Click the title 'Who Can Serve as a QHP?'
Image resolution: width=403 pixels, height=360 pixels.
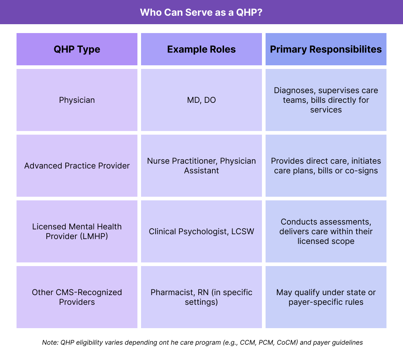(x=201, y=12)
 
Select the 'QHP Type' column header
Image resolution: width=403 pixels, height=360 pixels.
(x=77, y=49)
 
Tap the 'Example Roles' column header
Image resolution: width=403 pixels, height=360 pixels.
(x=201, y=49)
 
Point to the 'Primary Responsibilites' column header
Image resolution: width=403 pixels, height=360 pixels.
(x=326, y=49)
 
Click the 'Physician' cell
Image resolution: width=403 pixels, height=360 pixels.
(x=77, y=100)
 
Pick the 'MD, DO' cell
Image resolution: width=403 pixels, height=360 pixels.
(x=201, y=100)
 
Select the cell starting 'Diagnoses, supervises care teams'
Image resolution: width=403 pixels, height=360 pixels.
(x=326, y=100)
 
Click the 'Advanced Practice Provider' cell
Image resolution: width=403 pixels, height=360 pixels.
(x=77, y=166)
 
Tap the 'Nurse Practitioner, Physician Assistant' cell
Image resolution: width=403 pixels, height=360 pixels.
(x=201, y=166)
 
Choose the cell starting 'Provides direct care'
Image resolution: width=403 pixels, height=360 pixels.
(x=326, y=166)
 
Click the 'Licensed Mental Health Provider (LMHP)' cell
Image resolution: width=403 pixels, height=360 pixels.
(x=77, y=231)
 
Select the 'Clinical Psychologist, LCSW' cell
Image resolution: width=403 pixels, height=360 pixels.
(x=201, y=231)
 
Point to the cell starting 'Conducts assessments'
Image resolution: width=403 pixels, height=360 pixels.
(x=326, y=231)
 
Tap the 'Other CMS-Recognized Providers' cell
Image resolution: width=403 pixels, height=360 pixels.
(x=77, y=297)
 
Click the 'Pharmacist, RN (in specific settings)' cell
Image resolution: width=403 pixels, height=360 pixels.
(x=201, y=297)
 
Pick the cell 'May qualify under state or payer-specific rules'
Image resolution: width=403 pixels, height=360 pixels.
(x=326, y=297)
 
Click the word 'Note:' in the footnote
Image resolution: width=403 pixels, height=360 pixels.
(x=50, y=343)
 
